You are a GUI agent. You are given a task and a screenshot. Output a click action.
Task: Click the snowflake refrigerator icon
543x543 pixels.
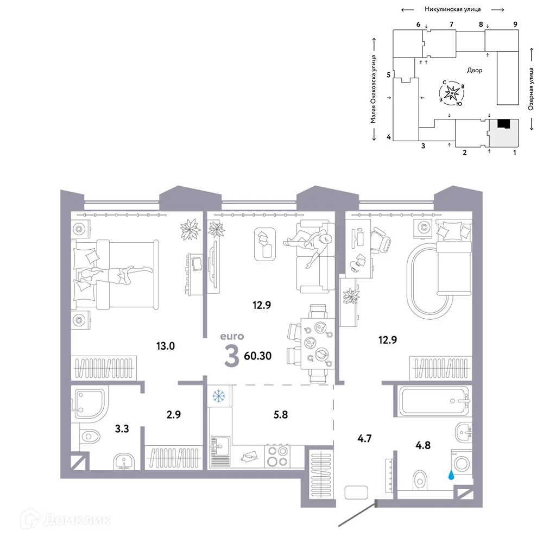pos(219,396)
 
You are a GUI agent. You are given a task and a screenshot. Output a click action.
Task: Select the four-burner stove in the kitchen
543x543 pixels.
pos(278,456)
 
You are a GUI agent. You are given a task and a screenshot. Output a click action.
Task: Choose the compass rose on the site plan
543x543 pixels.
pos(451,93)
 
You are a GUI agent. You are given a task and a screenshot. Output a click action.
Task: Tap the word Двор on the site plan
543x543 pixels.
pos(474,71)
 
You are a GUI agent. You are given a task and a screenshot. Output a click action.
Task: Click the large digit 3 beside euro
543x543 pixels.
pos(232,357)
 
